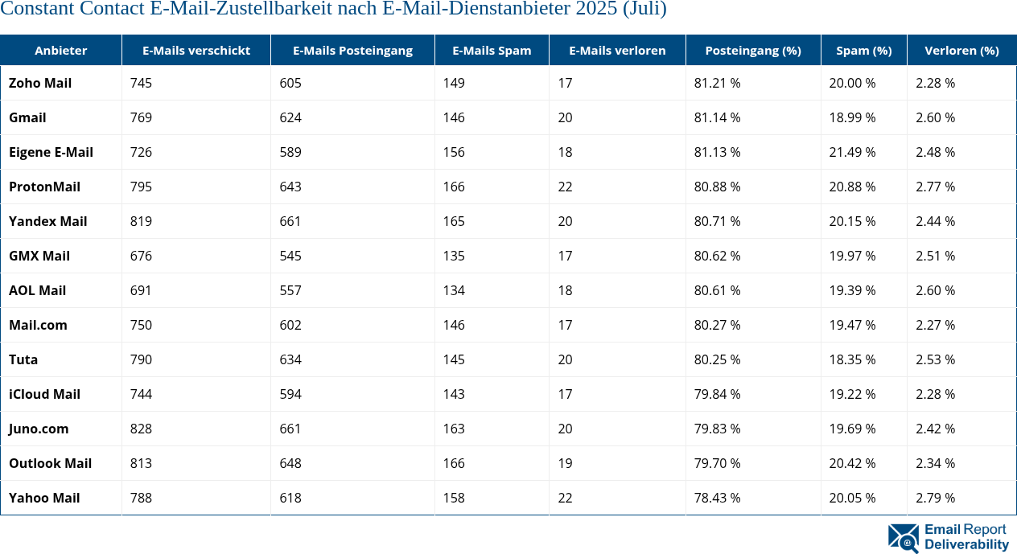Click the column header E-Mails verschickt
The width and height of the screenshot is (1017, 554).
196,50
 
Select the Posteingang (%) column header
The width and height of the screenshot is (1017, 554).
753,50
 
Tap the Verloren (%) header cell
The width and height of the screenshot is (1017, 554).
961,50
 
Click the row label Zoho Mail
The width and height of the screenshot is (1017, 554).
40,83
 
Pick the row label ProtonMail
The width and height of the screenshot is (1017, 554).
44,187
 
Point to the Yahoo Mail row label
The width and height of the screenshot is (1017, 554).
44,498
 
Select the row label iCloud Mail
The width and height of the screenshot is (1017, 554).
44,394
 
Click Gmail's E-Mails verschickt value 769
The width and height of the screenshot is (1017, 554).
141,117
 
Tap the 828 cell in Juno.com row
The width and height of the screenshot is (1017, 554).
141,429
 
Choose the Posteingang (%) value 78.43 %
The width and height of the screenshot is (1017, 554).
717,498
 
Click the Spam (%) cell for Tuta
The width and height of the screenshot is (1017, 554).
852,359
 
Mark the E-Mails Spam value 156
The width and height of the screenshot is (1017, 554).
454,152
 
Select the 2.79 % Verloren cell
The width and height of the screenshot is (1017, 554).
935,498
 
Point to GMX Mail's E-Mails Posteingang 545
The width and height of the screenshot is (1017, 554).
290,256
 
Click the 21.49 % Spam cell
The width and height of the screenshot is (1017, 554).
852,152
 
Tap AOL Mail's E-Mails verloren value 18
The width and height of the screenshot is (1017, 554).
566,290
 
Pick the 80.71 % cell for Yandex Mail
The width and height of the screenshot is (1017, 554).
717,221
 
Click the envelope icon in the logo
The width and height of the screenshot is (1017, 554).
904,538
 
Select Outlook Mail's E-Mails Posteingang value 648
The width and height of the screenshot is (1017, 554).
290,463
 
